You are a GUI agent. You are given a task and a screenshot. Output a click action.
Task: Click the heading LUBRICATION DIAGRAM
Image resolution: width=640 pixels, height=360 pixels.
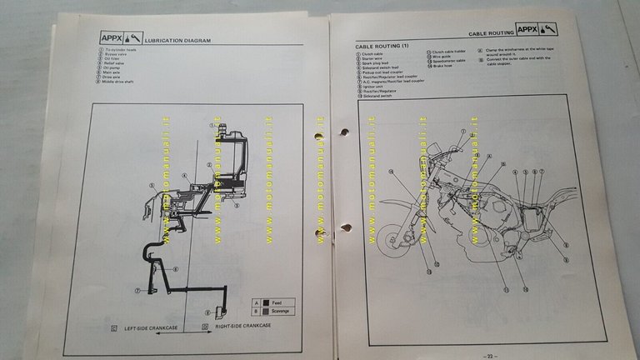(x=177, y=40)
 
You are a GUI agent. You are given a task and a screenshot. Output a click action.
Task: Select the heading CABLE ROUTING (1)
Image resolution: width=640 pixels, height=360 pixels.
(x=382, y=44)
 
